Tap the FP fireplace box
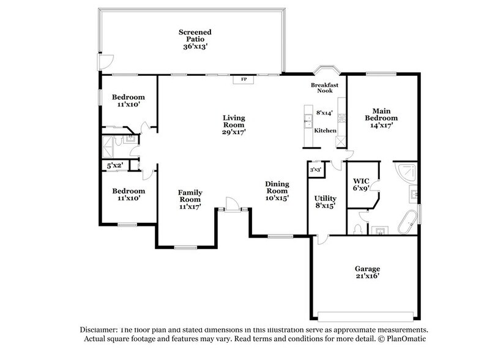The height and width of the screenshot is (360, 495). tap(244, 80)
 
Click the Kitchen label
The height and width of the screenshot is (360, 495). tap(324, 131)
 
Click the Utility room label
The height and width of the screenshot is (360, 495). tap(326, 202)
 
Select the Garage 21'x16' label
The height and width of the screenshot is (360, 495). tap(367, 272)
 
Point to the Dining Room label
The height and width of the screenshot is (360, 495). tap(277, 190)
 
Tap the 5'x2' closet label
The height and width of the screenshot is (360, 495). tap(115, 165)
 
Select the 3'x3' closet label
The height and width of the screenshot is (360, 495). tap(316, 170)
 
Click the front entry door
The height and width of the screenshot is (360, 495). tap(232, 204)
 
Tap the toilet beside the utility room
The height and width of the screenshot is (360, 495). tap(358, 228)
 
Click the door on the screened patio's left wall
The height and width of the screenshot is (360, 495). tap(105, 62)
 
